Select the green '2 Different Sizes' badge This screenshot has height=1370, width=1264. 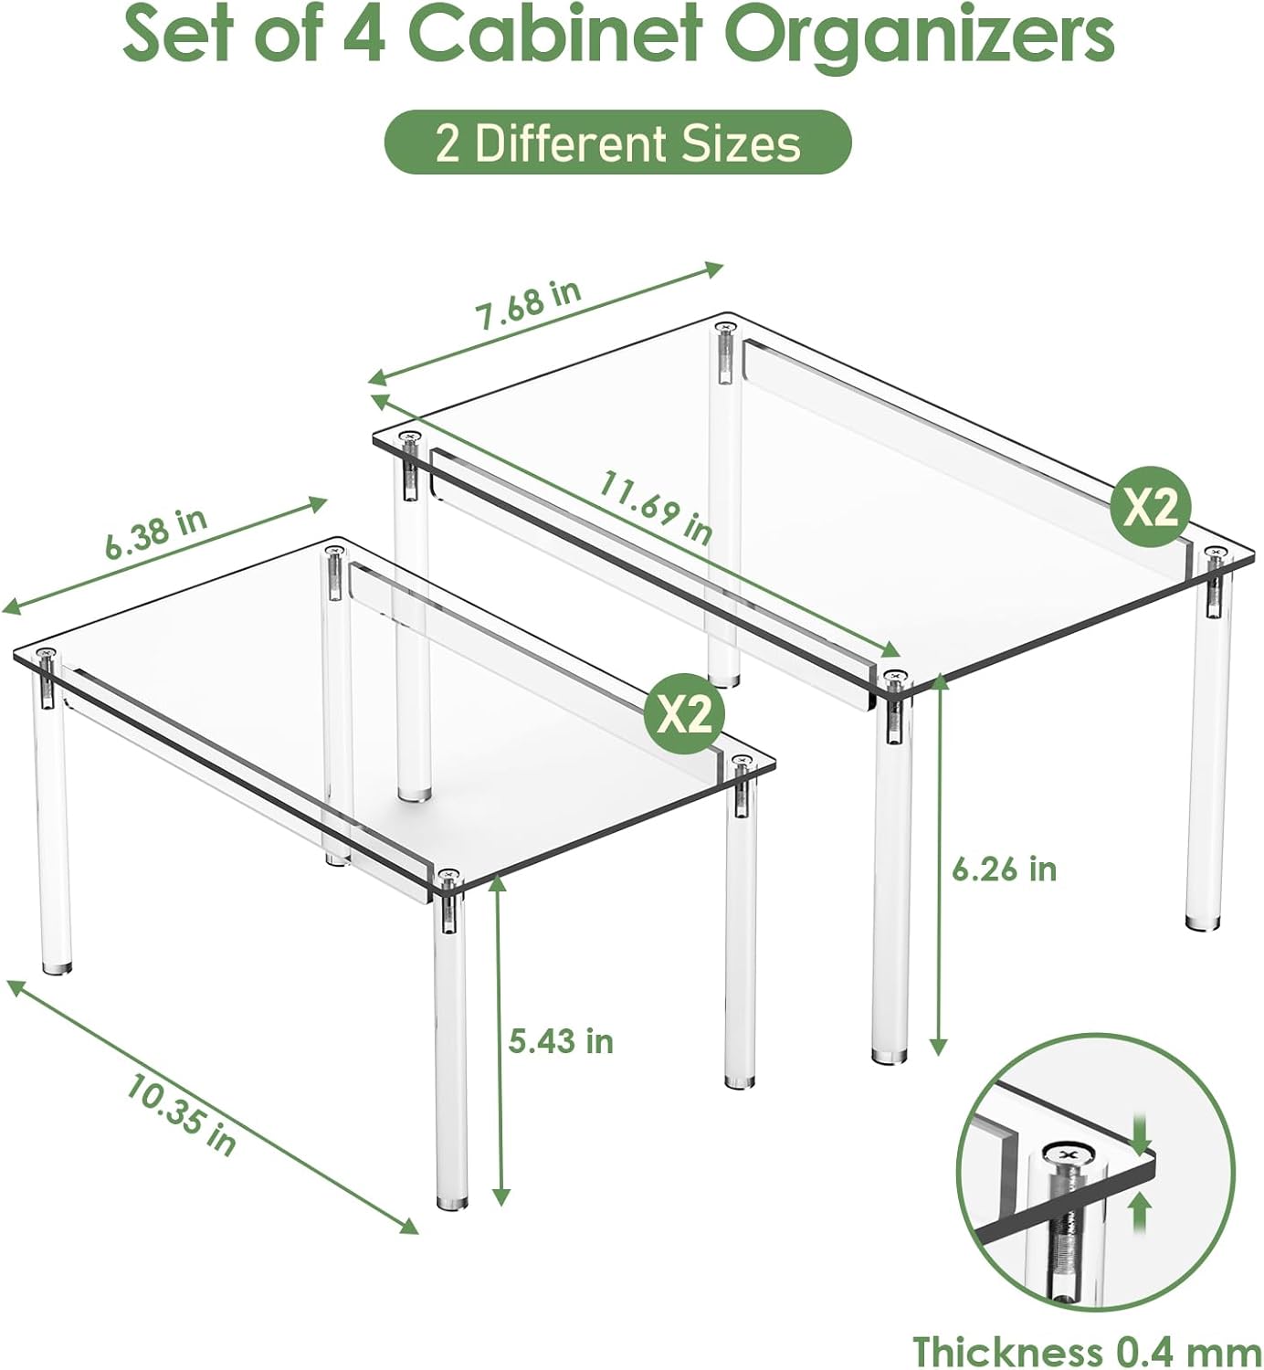(x=617, y=142)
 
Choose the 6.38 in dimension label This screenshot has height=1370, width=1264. (x=156, y=533)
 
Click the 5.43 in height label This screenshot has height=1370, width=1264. (x=560, y=1041)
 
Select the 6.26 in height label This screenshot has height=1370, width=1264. (x=1004, y=869)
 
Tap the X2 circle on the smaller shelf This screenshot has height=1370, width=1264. (x=684, y=717)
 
